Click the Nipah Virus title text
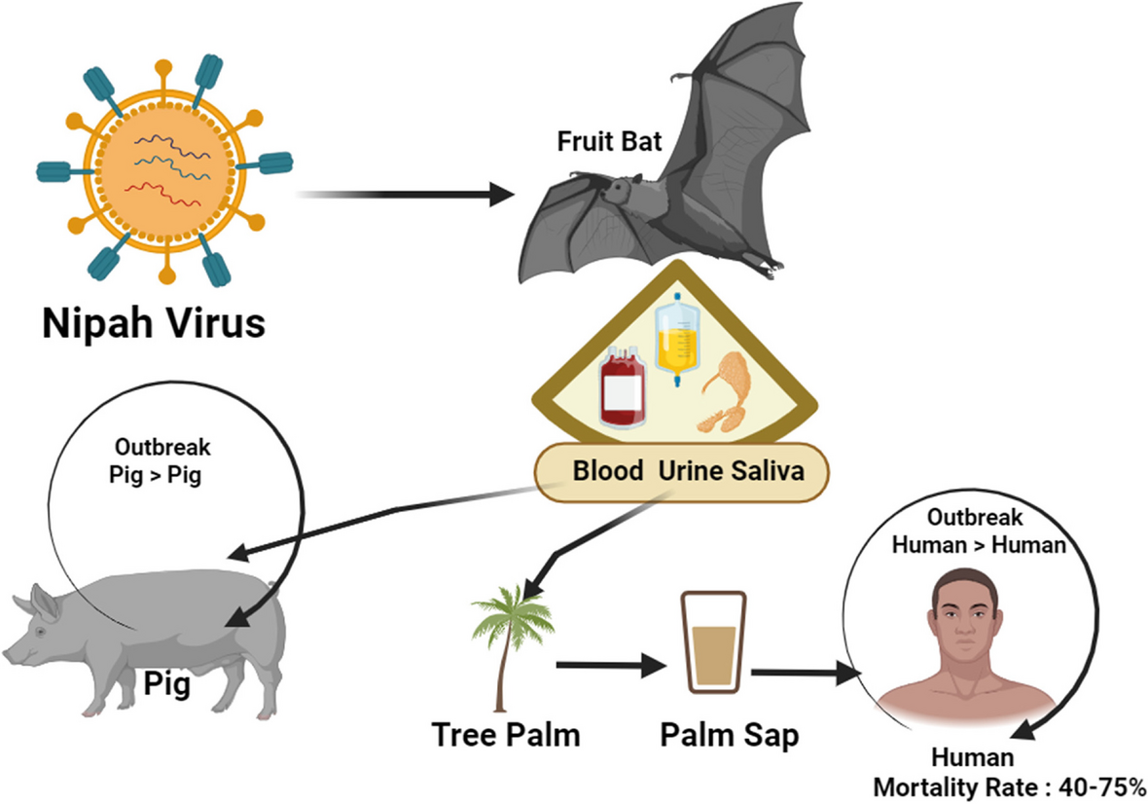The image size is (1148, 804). coord(153,323)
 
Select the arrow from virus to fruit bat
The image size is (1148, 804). coord(409,195)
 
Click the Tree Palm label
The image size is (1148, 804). coord(506,735)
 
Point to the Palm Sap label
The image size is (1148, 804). coord(730,735)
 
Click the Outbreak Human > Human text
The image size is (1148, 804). coord(979,531)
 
